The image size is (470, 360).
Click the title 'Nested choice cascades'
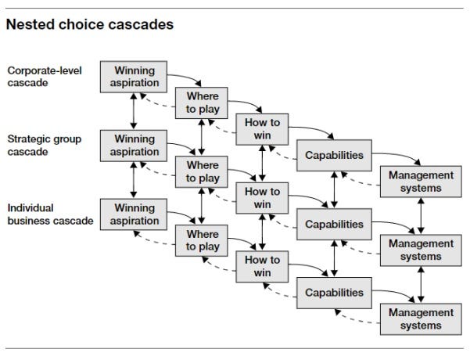[x=89, y=24]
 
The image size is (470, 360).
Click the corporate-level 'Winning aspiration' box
[x=135, y=76]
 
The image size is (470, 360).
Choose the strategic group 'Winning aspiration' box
[x=135, y=145]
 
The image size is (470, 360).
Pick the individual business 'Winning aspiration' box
[x=135, y=214]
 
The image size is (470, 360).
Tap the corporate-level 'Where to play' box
[x=203, y=103]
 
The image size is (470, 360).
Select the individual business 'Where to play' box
[x=203, y=240]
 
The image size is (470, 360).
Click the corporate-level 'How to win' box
[x=262, y=128]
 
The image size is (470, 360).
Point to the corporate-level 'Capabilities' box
[x=334, y=155]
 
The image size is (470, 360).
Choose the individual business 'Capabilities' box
[x=334, y=293]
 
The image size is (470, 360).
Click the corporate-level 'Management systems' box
[x=421, y=182]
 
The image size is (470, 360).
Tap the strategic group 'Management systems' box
[x=421, y=250]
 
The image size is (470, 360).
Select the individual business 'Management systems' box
[x=421, y=319]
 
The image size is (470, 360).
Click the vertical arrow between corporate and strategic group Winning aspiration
[x=135, y=110]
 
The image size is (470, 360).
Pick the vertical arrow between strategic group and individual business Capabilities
[x=334, y=258]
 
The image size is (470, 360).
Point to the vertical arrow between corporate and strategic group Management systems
[x=422, y=216]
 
